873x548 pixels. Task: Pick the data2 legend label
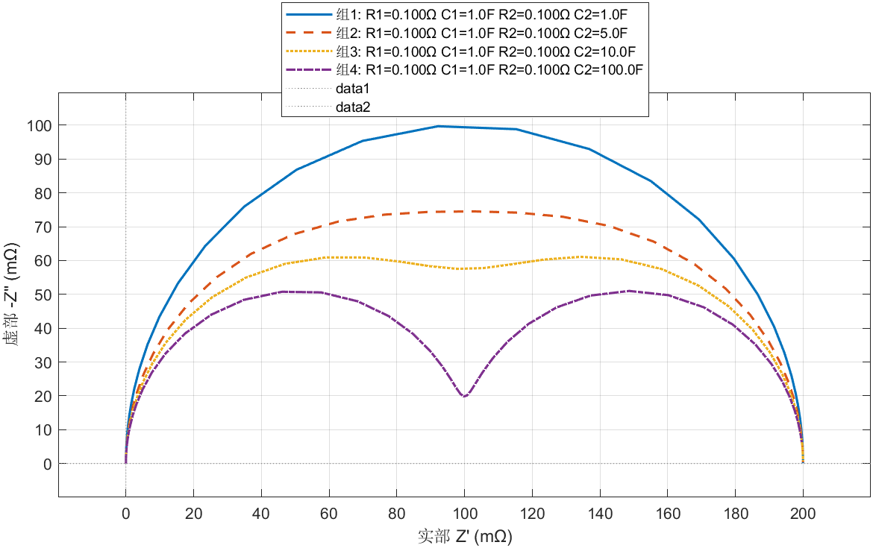[x=353, y=107]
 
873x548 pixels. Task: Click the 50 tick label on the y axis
[x=43, y=295]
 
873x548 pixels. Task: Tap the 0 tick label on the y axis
[x=47, y=464]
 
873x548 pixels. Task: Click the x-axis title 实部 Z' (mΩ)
[x=464, y=535]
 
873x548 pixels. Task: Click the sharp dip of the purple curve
[x=464, y=396]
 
